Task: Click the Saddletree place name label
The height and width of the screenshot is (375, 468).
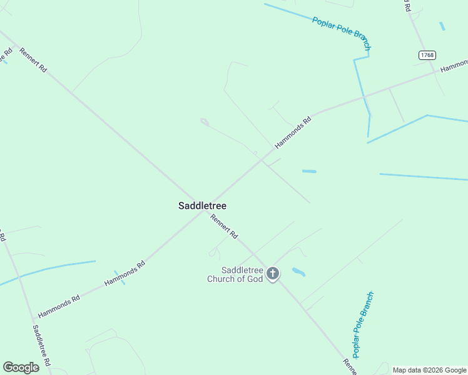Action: pyautogui.click(x=202, y=206)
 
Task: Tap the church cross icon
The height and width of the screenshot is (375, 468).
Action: pyautogui.click(x=273, y=273)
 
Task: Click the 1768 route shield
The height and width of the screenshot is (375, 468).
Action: pyautogui.click(x=427, y=55)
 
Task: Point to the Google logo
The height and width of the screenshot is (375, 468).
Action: pyautogui.click(x=21, y=367)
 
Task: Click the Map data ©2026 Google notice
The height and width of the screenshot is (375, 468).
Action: pyautogui.click(x=429, y=370)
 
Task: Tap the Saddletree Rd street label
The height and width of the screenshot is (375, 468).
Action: pyautogui.click(x=42, y=345)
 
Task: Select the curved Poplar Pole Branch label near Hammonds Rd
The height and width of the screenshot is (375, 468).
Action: pyautogui.click(x=342, y=33)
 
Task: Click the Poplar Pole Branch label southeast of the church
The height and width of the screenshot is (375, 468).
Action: pyautogui.click(x=362, y=325)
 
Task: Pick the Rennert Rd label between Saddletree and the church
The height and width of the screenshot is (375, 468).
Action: pyautogui.click(x=224, y=227)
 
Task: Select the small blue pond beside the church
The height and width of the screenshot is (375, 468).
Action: pyautogui.click(x=298, y=272)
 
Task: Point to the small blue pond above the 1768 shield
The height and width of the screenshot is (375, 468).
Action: pyautogui.click(x=442, y=26)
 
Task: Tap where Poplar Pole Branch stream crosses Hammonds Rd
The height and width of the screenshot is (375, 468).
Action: pyautogui.click(x=364, y=96)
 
